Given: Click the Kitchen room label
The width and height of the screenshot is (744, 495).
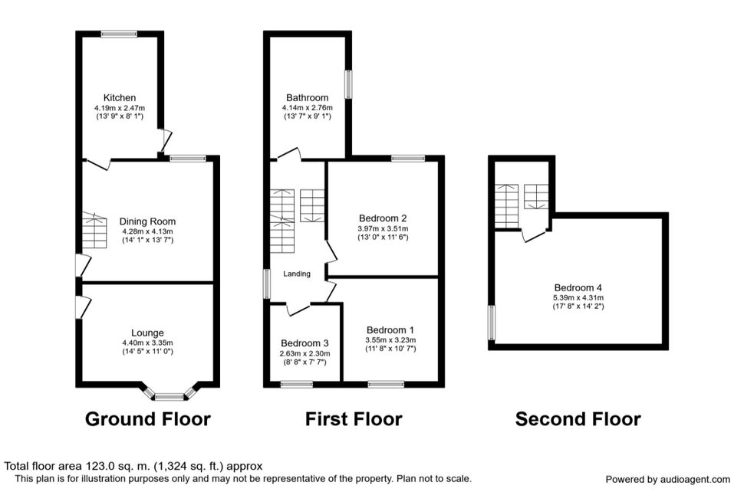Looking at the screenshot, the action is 120,97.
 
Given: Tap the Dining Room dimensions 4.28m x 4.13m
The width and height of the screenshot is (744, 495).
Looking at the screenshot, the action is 147,231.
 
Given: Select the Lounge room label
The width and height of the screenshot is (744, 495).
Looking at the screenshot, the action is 147,333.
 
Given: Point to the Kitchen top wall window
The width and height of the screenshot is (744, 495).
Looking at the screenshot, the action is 119,34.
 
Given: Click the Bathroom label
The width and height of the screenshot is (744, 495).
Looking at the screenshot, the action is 307,97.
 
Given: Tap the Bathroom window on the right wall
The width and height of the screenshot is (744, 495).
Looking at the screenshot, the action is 349,84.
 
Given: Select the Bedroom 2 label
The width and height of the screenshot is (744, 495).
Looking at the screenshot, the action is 383,218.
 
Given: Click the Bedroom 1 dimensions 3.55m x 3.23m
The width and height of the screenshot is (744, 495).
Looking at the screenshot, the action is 390,340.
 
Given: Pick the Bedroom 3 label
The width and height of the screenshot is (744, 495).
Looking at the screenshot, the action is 305,343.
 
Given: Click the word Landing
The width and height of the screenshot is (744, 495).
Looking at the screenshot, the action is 297,274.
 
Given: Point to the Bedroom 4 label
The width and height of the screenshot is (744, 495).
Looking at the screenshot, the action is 578,287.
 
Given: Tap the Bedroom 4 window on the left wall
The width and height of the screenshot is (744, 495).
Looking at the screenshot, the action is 492,323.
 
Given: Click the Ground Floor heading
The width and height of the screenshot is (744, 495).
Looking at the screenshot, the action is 147,419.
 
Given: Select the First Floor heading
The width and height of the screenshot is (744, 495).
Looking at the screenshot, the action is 354,419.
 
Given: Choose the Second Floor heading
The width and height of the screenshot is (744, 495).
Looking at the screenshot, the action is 578,419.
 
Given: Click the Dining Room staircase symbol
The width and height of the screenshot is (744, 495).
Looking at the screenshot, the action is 94,231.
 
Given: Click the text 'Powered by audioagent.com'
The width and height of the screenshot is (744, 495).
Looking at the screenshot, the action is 667,480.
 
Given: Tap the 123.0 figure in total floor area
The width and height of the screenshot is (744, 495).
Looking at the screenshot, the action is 100,466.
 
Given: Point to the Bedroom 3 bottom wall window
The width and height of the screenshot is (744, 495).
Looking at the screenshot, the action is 297,384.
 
